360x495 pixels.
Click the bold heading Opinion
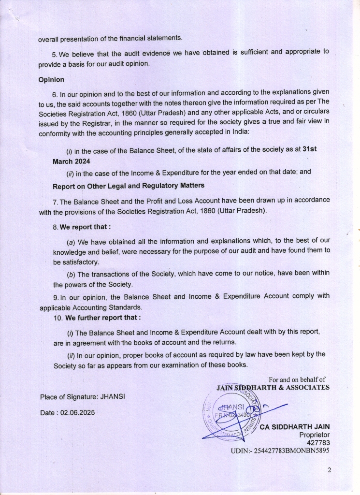[x=51, y=80]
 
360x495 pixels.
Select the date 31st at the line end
[x=309, y=149]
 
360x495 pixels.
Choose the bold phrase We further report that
[x=103, y=318]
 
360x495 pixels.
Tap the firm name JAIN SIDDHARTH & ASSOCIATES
[x=274, y=387]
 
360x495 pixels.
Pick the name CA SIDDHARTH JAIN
[x=295, y=427]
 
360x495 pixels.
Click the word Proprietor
[x=315, y=435]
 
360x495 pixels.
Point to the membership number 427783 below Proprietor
[x=318, y=442]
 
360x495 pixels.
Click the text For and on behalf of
[x=297, y=379]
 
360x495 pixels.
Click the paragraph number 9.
[x=55, y=297]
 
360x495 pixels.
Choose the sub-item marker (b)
[x=71, y=274]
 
